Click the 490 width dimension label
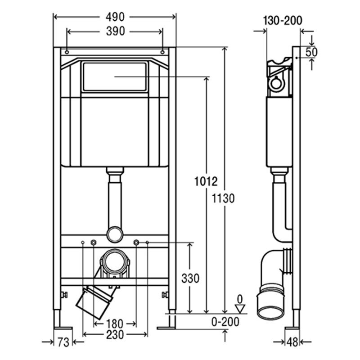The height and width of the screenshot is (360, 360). click(115, 17)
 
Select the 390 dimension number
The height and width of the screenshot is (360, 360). click(115, 31)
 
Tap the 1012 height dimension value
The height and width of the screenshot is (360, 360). click(206, 181)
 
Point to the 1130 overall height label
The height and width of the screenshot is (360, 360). click(223, 198)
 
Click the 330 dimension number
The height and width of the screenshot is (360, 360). click(190, 279)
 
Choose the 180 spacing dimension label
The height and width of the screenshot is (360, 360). click(115, 324)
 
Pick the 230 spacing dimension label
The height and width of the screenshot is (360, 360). click(115, 335)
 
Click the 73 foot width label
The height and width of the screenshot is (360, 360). click(63, 342)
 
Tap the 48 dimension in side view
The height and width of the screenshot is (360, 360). click(292, 342)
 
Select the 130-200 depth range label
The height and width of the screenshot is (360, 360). click(283, 21)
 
